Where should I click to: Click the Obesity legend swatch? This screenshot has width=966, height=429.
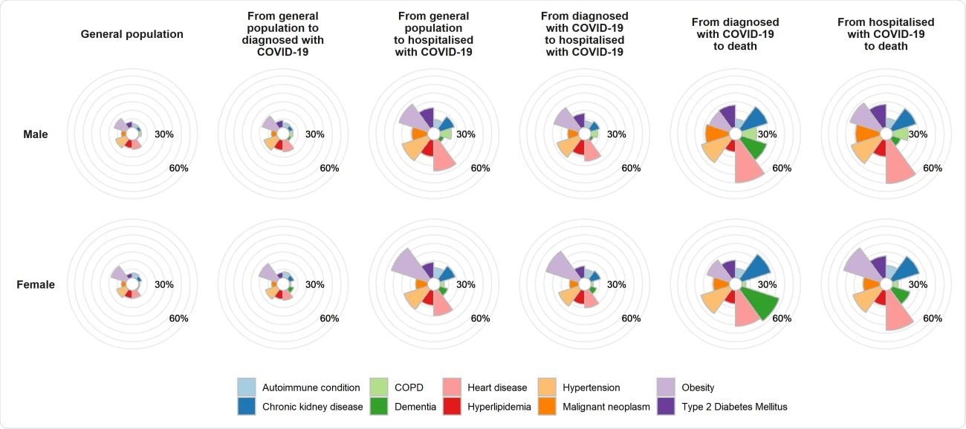click(667, 387)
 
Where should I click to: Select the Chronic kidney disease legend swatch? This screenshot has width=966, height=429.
click(247, 406)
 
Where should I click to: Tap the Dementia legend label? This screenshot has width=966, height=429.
click(415, 406)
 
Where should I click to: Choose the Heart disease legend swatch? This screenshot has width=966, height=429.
click(452, 387)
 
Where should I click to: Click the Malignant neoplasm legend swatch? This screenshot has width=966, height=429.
click(547, 406)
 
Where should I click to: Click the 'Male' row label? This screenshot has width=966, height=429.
click(34, 134)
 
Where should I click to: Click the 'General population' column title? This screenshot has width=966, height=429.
click(132, 34)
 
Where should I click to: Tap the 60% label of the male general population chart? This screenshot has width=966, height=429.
click(178, 168)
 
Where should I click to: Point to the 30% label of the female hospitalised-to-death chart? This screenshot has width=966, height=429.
click(918, 284)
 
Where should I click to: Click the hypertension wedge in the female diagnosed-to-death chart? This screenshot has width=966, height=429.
click(713, 301)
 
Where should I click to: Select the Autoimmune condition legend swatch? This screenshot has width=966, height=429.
click(247, 387)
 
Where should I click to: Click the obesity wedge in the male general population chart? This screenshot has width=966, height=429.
click(120, 124)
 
